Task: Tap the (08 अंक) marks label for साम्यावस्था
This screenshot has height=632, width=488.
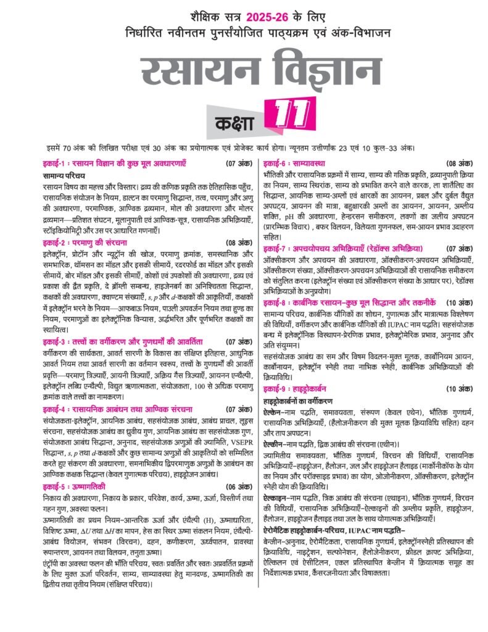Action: coord(457,164)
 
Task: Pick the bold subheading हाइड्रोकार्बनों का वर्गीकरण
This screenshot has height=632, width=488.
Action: coord(305,399)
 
